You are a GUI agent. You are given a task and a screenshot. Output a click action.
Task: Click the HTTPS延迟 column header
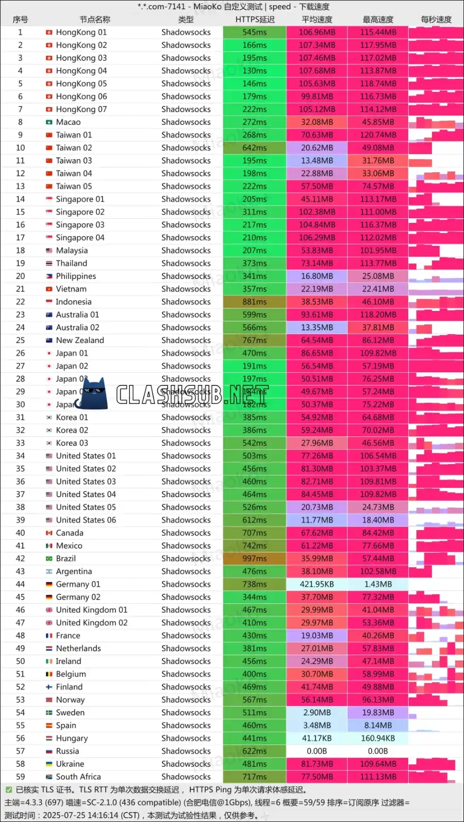(255, 20)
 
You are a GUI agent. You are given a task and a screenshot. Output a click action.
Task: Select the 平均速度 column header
(317, 20)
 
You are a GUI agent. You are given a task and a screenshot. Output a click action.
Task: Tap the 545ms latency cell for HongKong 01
(255, 32)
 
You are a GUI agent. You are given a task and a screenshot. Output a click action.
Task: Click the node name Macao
(68, 122)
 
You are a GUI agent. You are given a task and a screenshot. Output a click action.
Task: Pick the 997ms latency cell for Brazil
(255, 558)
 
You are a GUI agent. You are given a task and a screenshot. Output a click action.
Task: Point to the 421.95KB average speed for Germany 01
(317, 584)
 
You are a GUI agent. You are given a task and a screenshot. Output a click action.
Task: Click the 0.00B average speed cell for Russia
(317, 751)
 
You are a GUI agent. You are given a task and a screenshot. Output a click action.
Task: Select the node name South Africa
(78, 777)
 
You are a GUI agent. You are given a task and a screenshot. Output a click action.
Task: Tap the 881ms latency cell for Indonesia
(255, 302)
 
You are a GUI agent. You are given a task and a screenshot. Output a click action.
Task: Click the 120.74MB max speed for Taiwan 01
(378, 135)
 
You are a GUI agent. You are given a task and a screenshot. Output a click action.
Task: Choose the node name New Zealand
(80, 340)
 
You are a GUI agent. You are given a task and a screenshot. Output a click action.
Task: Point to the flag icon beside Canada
(49, 533)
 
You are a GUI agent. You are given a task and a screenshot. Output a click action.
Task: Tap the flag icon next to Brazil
(49, 558)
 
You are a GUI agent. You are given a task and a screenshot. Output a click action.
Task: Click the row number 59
(21, 777)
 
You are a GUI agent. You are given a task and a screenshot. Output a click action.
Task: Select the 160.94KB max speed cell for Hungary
(378, 738)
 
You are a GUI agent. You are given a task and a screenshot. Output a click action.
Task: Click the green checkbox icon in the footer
(9, 790)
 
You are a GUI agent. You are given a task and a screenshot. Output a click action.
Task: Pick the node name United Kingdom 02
(92, 622)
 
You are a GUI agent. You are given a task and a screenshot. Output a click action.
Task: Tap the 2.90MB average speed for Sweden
(317, 713)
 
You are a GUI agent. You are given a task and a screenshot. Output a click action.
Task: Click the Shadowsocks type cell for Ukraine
(186, 764)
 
